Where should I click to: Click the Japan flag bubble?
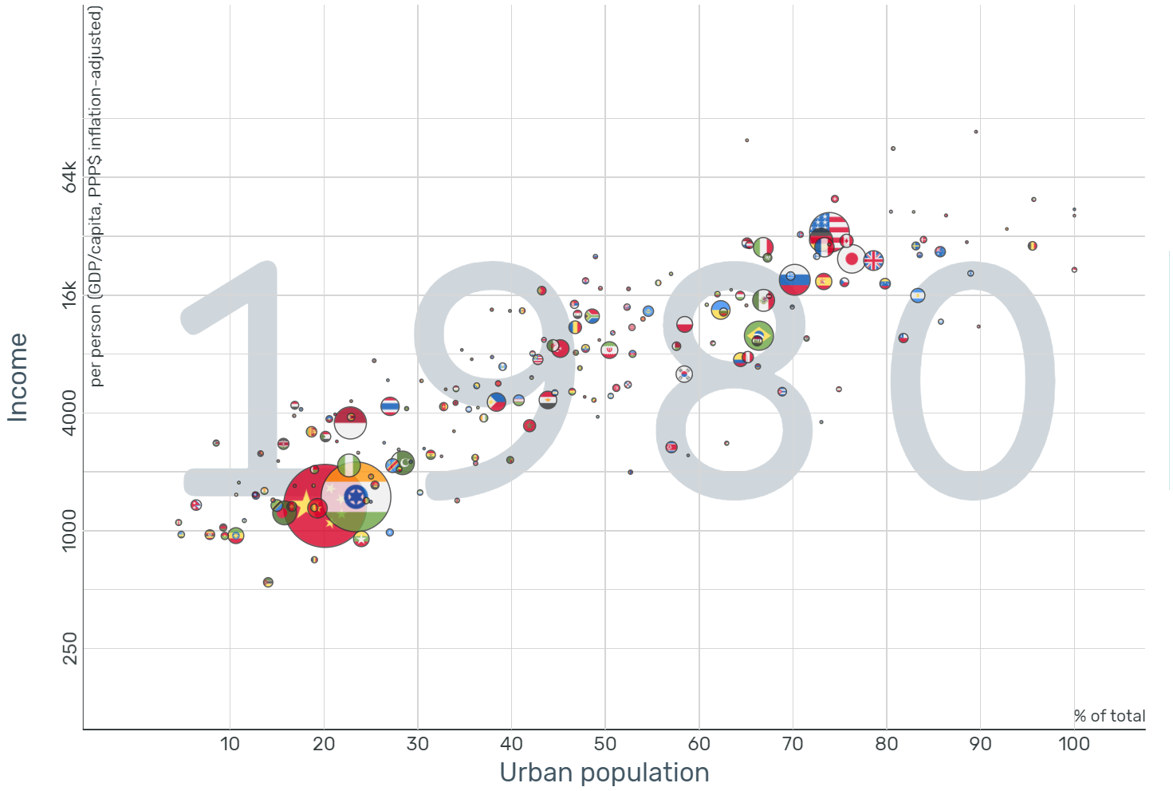(x=852, y=259)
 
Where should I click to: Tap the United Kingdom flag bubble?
(x=874, y=260)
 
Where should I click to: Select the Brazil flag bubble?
(x=758, y=335)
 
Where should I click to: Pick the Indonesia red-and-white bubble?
(x=350, y=422)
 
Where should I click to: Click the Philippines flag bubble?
(x=496, y=401)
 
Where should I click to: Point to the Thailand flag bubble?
(x=390, y=406)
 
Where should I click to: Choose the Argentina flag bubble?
(x=918, y=295)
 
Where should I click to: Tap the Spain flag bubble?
(x=824, y=281)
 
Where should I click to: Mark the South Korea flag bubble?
(x=684, y=374)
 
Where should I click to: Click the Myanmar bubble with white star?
(x=361, y=539)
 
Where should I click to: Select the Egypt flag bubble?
(x=547, y=400)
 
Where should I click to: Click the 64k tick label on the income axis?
(x=69, y=177)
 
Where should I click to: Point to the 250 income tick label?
(x=69, y=648)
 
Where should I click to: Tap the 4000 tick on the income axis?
(x=69, y=413)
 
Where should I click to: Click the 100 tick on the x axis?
(x=1073, y=744)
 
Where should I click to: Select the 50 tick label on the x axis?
(x=605, y=744)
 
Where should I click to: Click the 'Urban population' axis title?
(x=604, y=773)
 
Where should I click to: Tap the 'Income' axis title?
(x=18, y=377)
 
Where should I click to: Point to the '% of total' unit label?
(x=1109, y=716)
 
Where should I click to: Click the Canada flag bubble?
(x=846, y=240)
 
